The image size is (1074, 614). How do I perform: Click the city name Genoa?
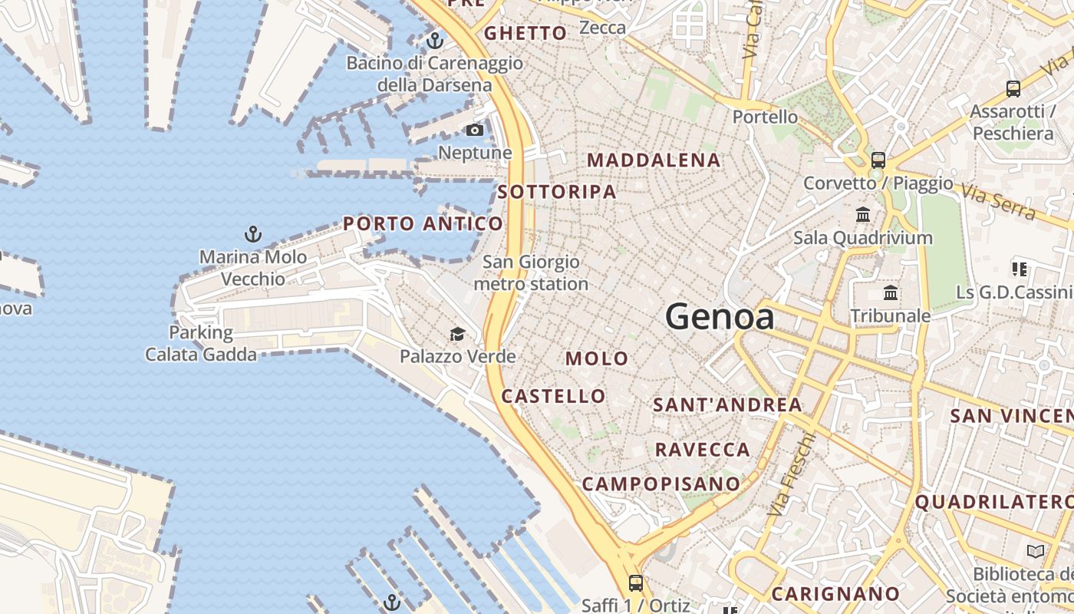pyautogui.click(x=719, y=316)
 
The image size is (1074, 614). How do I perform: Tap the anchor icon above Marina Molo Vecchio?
pyautogui.click(x=252, y=233)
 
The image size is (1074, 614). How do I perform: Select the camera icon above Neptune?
pyautogui.click(x=475, y=130)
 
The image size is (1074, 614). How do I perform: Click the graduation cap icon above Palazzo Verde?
pyautogui.click(x=457, y=334)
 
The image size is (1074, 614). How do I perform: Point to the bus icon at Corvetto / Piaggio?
pyautogui.click(x=878, y=160)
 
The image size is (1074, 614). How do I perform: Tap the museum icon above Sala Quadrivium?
pyautogui.click(x=863, y=215)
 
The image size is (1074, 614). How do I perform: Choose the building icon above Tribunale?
pyautogui.click(x=891, y=292)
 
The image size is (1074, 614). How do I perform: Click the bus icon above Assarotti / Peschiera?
pyautogui.click(x=1013, y=88)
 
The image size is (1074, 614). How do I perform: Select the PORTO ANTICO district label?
pyautogui.click(x=423, y=224)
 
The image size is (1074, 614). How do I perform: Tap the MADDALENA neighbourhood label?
pyautogui.click(x=654, y=160)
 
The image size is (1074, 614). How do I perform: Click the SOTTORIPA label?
pyautogui.click(x=557, y=192)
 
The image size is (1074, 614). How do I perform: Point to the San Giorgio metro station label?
pyautogui.click(x=531, y=273)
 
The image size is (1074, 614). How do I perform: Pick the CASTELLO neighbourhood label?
pyautogui.click(x=553, y=396)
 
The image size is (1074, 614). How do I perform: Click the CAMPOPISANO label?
pyautogui.click(x=661, y=484)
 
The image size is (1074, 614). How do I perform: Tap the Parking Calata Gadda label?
pyautogui.click(x=201, y=343)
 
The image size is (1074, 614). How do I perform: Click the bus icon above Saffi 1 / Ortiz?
pyautogui.click(x=636, y=583)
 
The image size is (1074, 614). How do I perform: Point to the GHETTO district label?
pyautogui.click(x=525, y=33)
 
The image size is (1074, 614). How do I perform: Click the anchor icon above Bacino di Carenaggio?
pyautogui.click(x=435, y=40)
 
